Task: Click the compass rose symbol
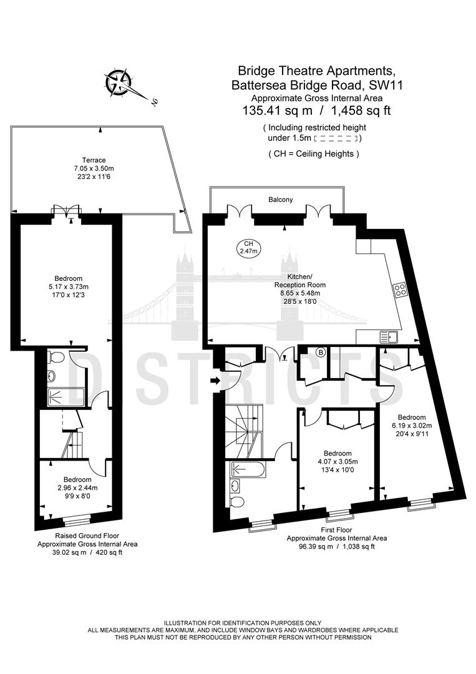click(x=118, y=82)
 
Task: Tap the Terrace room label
click(x=94, y=160)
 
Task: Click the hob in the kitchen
click(x=401, y=289)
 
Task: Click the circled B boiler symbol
click(x=321, y=353)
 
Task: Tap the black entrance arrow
click(x=215, y=381)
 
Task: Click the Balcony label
click(x=281, y=200)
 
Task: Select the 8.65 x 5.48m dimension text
click(x=300, y=293)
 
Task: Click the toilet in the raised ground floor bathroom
click(x=56, y=356)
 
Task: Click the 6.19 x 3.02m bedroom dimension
click(x=412, y=426)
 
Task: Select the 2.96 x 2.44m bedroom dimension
click(x=77, y=488)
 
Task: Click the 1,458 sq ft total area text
click(x=361, y=110)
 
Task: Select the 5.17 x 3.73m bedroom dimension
click(x=68, y=286)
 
